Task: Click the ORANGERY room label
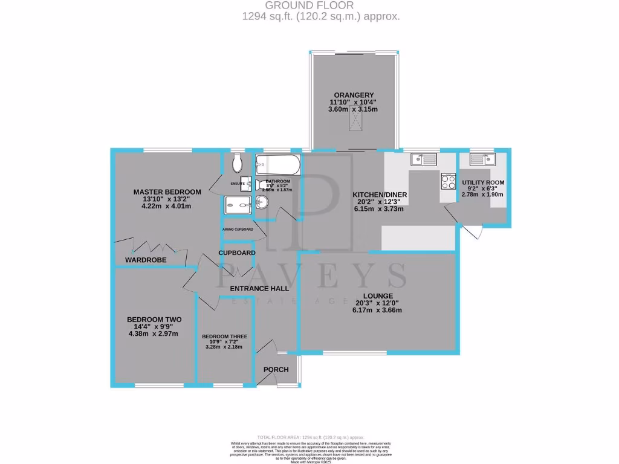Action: pyautogui.click(x=353, y=94)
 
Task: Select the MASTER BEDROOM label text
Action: pyautogui.click(x=167, y=192)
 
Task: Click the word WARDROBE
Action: pyautogui.click(x=146, y=260)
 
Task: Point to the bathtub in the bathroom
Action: pyautogui.click(x=277, y=164)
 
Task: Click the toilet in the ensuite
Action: pyautogui.click(x=236, y=163)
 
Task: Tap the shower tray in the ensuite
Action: pyautogui.click(x=238, y=206)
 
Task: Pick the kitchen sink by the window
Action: pyautogui.click(x=424, y=159)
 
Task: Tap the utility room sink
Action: pyautogui.click(x=484, y=159)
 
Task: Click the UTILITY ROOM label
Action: pyautogui.click(x=483, y=182)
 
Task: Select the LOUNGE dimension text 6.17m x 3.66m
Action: pyautogui.click(x=378, y=310)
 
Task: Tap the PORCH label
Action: pyautogui.click(x=276, y=370)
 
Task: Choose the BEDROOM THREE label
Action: pyautogui.click(x=224, y=337)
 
